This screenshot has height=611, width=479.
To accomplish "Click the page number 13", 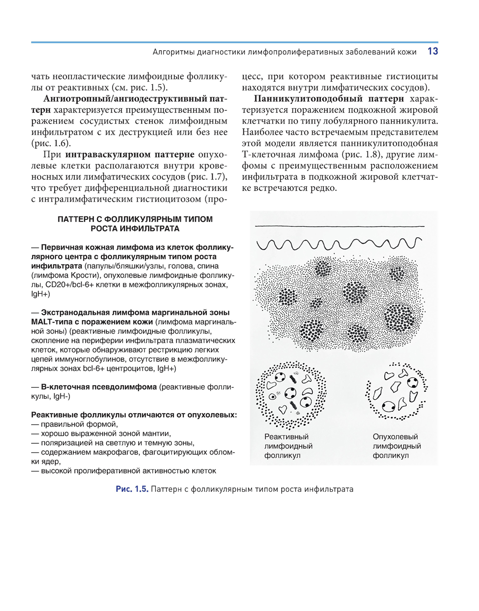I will (x=432, y=52).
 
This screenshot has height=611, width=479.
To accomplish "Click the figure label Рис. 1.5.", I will (x=132, y=489).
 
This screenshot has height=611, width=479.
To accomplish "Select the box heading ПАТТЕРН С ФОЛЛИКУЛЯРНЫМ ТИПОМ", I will (x=135, y=219).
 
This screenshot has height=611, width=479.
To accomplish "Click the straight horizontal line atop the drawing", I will (x=340, y=226).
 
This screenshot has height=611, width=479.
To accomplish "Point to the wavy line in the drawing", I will (x=340, y=243).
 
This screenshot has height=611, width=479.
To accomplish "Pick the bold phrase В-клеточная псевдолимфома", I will (x=99, y=387).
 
